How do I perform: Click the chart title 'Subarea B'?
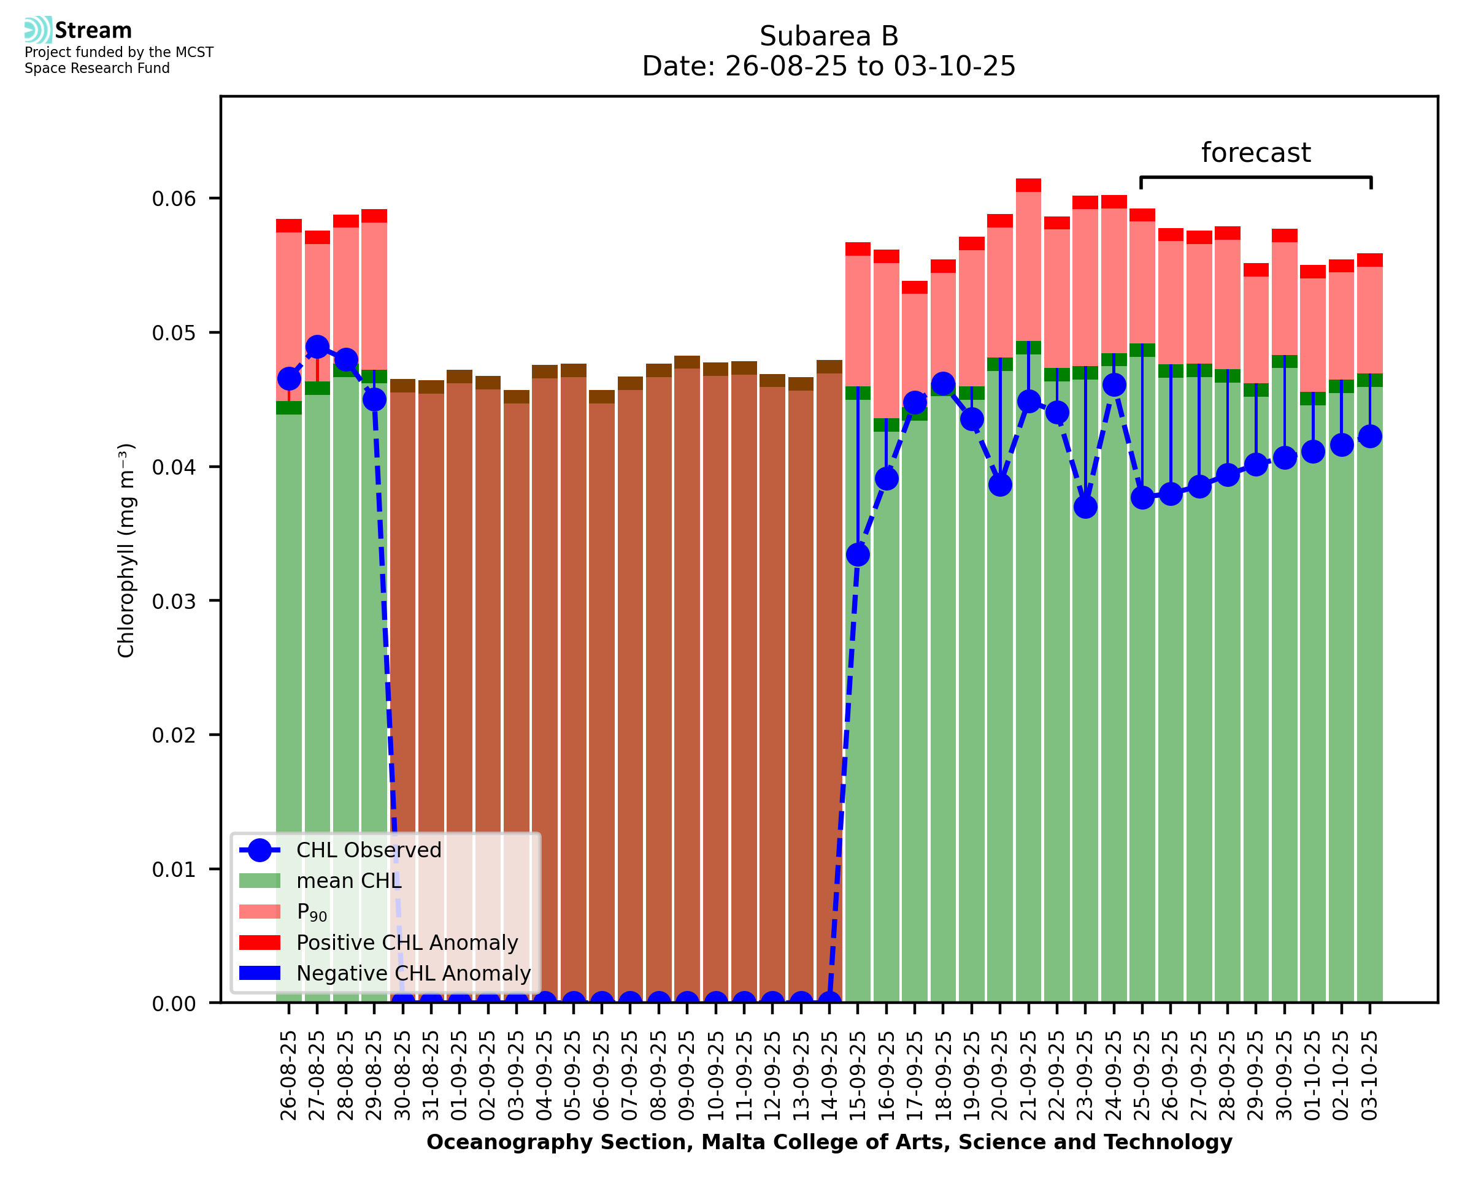tap(828, 36)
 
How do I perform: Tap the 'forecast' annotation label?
tap(1255, 153)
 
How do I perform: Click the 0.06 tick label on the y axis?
tap(174, 199)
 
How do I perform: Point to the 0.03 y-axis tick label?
tap(174, 601)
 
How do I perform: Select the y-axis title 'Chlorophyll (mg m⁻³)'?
tap(126, 550)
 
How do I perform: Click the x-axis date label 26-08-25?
tap(288, 1076)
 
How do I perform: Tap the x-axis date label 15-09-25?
tap(857, 1076)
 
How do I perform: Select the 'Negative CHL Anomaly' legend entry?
tap(413, 973)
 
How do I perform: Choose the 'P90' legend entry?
tap(312, 912)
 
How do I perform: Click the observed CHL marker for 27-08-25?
tap(317, 346)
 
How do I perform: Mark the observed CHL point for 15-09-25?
tap(857, 554)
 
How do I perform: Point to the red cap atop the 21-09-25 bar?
tap(1028, 185)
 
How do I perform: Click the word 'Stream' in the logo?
tap(93, 31)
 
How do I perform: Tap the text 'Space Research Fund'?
tap(97, 68)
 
